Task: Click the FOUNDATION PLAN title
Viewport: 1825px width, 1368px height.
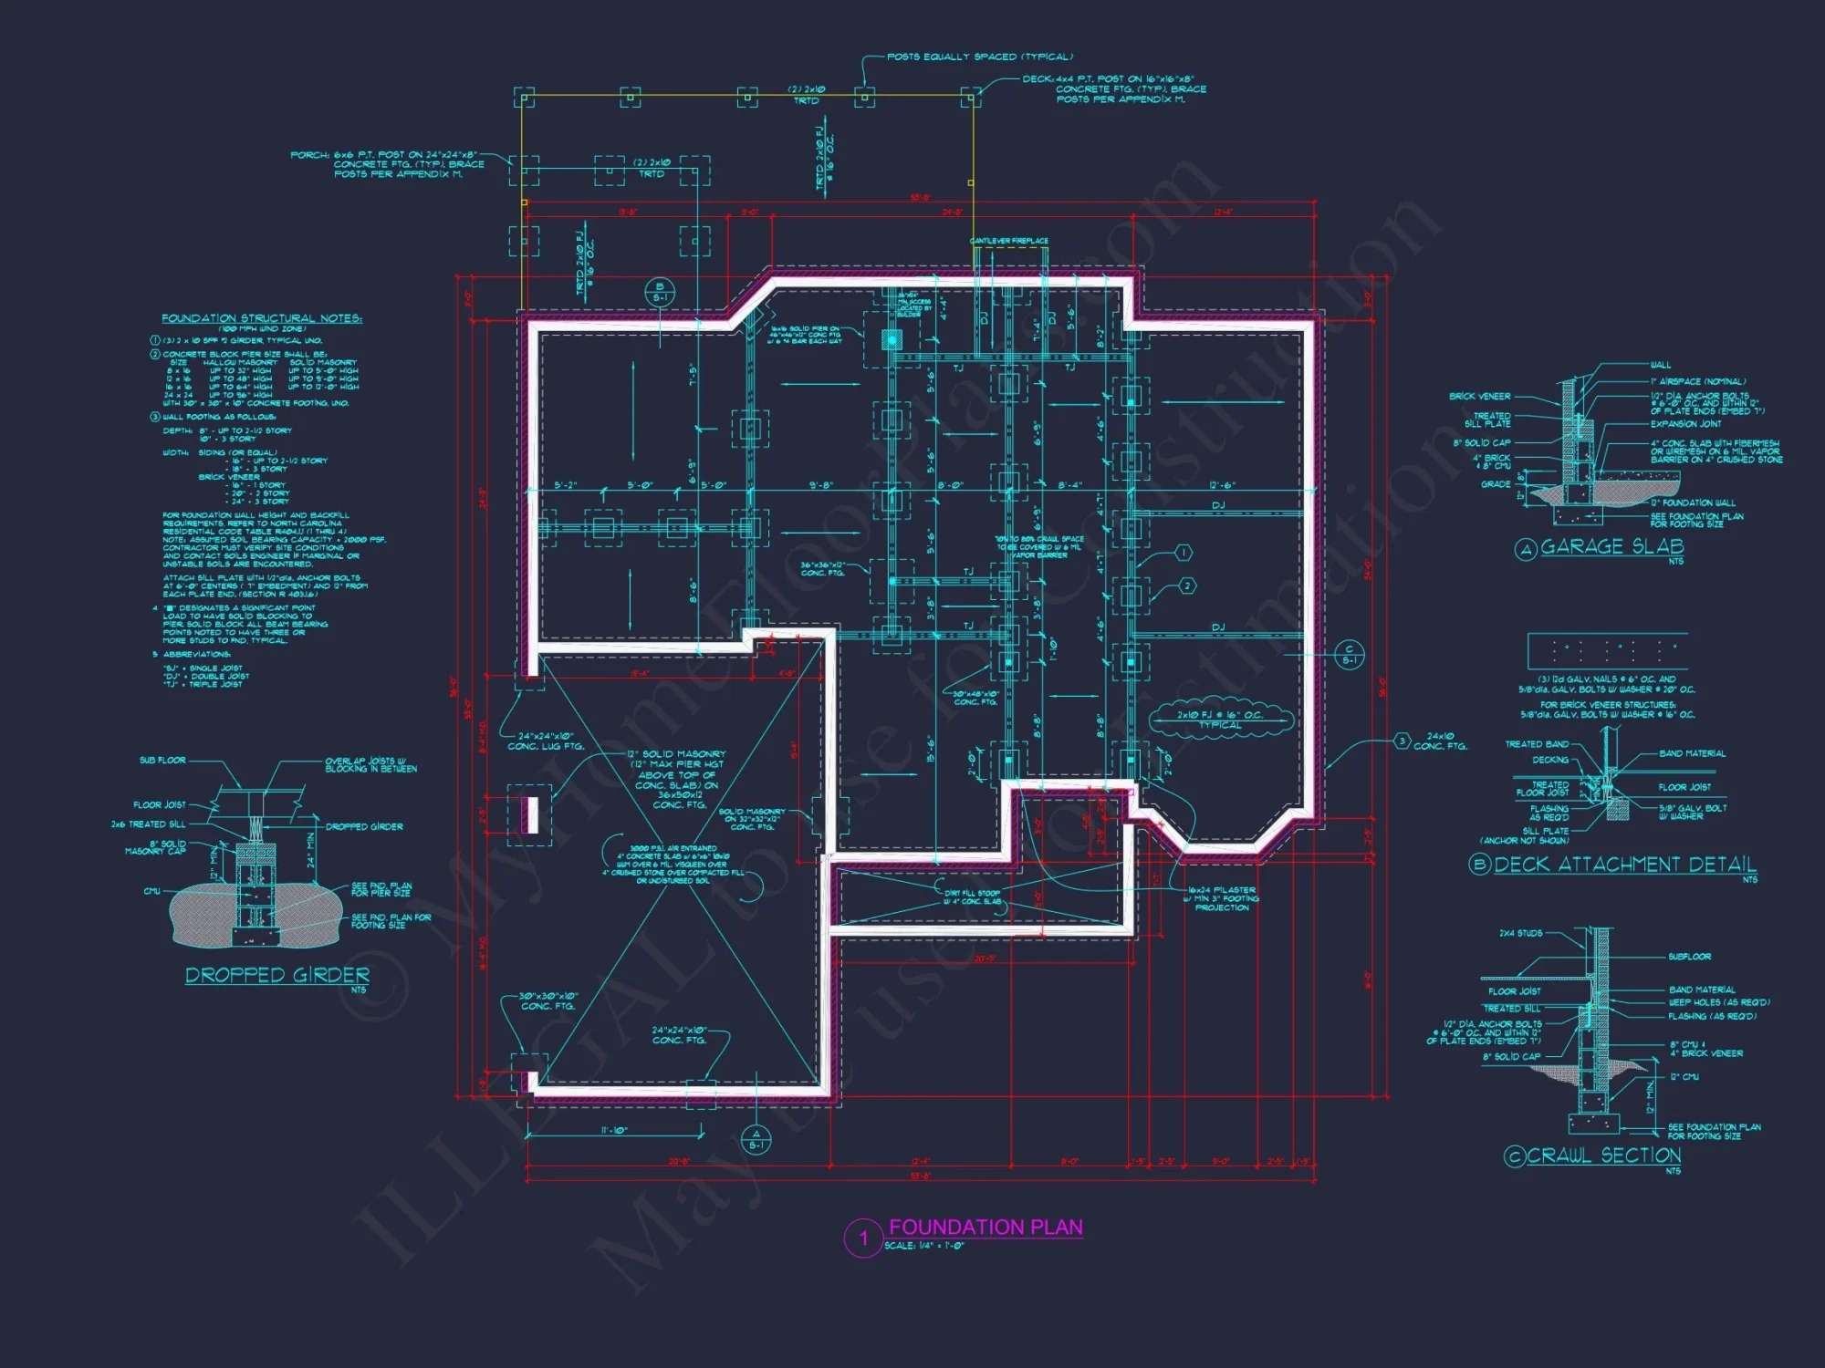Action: (985, 1228)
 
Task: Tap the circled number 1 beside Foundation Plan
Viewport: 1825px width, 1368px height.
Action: (862, 1238)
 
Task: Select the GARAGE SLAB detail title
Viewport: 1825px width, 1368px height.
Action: (1612, 547)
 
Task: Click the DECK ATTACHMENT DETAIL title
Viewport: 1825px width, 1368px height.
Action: (1625, 865)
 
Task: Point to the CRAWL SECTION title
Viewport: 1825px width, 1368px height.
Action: (1604, 1156)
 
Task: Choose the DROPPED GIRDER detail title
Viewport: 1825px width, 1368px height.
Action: (277, 976)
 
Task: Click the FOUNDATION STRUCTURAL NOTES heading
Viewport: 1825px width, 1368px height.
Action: (262, 318)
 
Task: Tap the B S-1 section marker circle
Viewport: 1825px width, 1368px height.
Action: (660, 293)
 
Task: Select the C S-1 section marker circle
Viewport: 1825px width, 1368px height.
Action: (1349, 655)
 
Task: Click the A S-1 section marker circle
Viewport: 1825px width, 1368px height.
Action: (756, 1140)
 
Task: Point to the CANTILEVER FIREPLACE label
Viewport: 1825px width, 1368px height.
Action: (1008, 241)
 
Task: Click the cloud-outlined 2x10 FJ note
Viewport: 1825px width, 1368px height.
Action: (1220, 720)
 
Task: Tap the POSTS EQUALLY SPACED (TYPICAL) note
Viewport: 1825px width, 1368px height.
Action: (979, 57)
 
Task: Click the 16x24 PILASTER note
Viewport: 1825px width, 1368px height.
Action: (1222, 890)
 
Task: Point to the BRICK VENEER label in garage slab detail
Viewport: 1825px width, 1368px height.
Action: (1479, 397)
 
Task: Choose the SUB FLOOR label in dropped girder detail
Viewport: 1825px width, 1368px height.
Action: (162, 760)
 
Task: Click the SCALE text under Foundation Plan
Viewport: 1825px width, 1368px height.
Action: (923, 1246)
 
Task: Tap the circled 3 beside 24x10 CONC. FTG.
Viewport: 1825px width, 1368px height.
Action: (1403, 741)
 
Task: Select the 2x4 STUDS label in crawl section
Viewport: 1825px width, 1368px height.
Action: (1520, 933)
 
